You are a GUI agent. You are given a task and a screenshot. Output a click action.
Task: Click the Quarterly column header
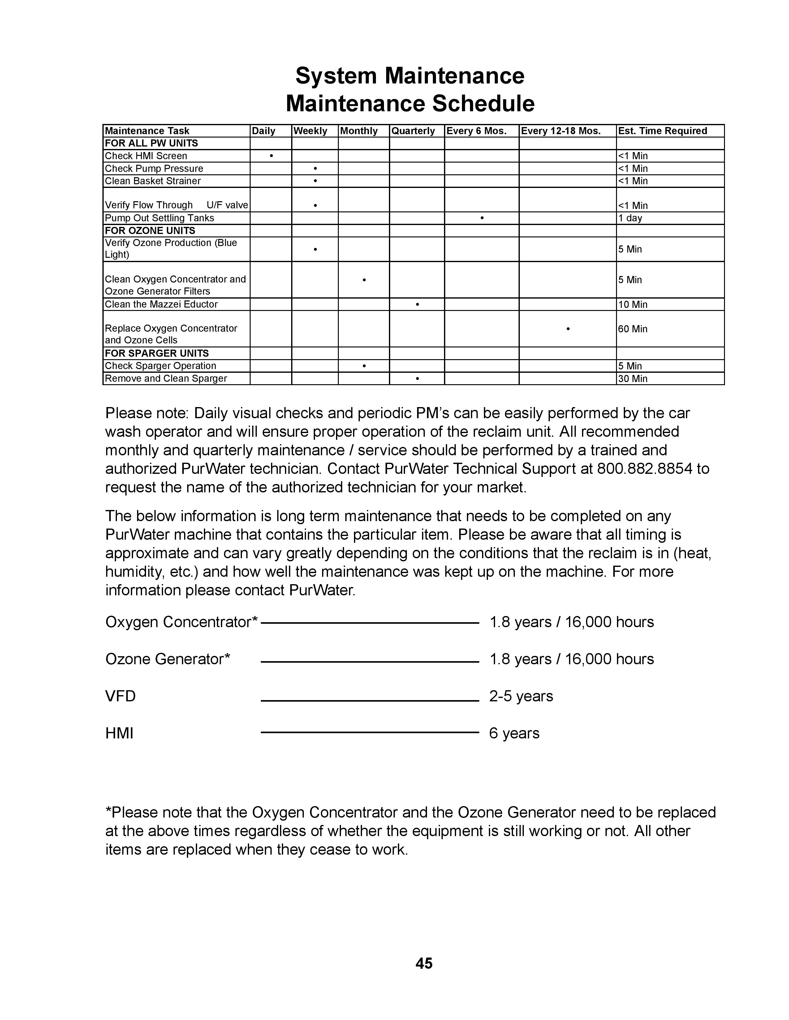413,131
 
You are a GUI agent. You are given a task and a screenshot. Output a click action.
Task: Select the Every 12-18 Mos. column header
560,131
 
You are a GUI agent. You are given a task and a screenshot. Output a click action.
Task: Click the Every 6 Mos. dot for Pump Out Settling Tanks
481,218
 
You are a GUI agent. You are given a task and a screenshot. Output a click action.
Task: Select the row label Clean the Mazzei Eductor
161,304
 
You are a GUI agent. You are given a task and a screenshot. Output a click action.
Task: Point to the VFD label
120,696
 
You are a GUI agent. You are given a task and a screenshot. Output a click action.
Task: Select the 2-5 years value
521,696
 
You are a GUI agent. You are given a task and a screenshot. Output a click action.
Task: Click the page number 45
424,963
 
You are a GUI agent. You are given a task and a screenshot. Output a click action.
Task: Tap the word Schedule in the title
483,103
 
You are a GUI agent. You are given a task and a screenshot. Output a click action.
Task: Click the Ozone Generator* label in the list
167,659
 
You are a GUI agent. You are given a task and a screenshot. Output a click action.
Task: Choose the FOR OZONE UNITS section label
150,230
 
